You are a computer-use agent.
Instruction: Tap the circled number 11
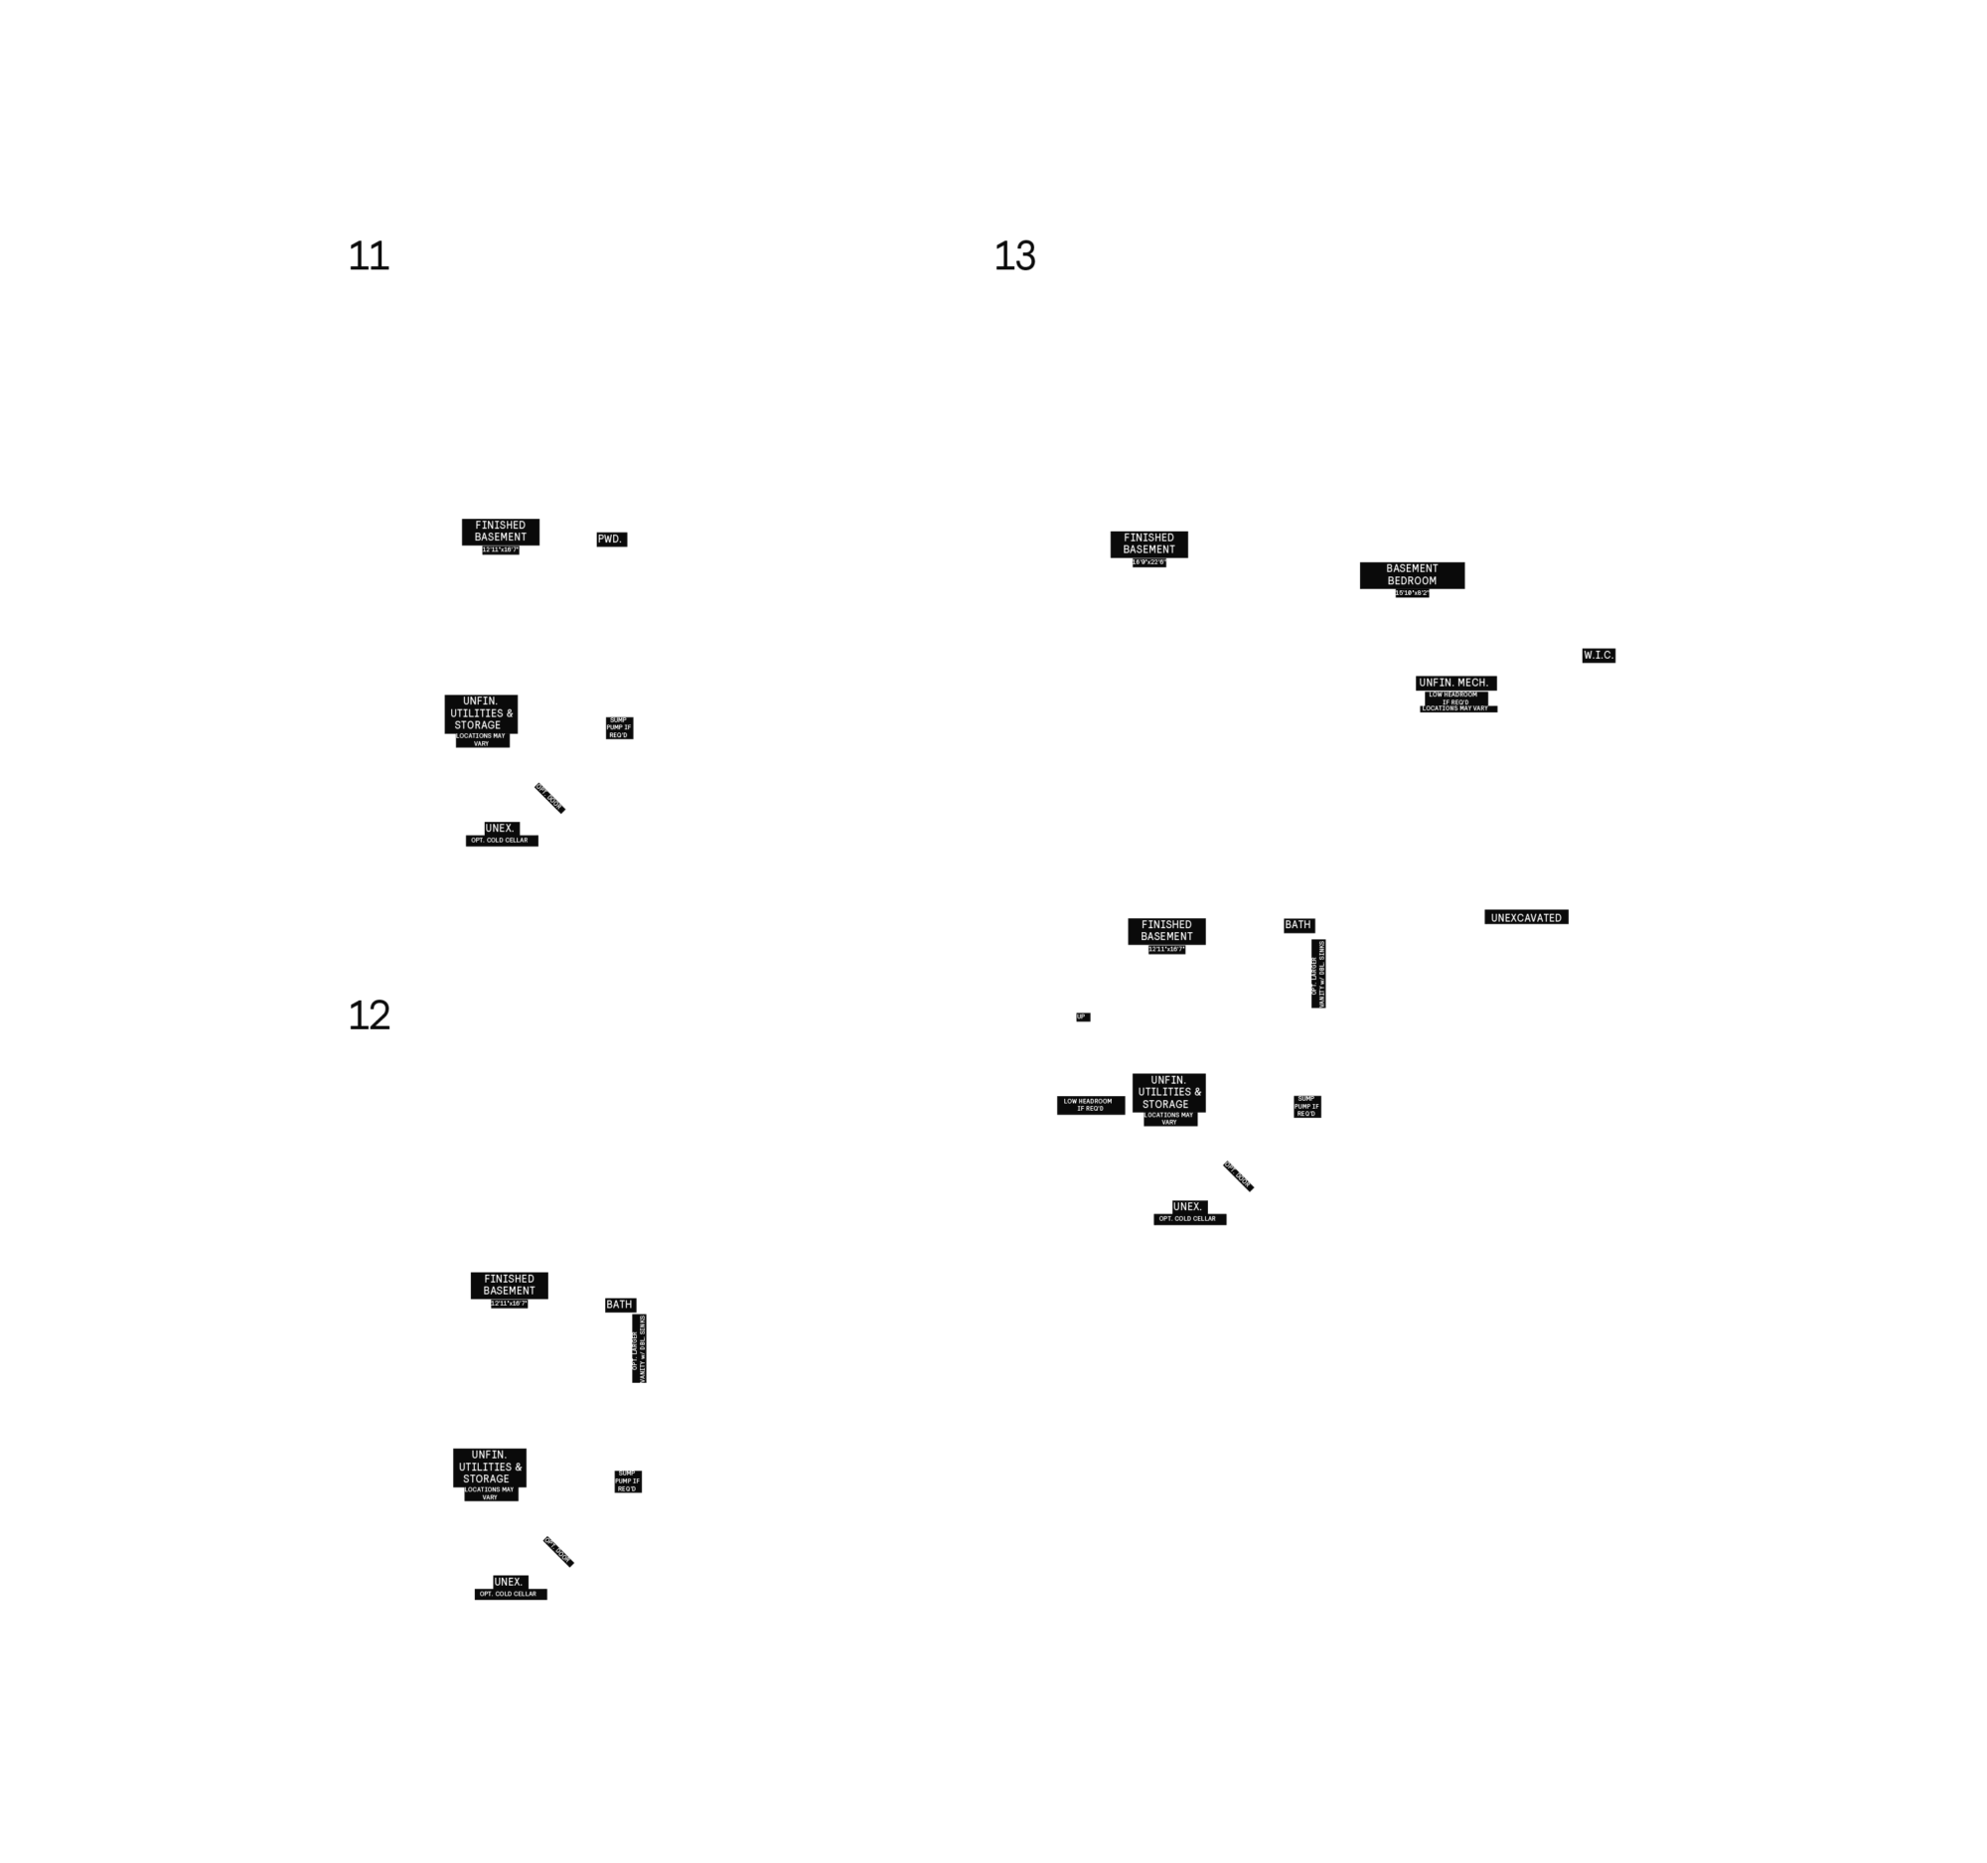pyautogui.click(x=369, y=256)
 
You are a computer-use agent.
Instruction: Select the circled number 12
pyautogui.click(x=369, y=1015)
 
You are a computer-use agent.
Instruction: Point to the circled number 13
pyautogui.click(x=1012, y=255)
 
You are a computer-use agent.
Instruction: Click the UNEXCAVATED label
pyautogui.click(x=1525, y=917)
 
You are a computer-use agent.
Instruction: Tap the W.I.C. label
pyautogui.click(x=1599, y=655)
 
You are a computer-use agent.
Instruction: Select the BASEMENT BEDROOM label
pyautogui.click(x=1412, y=574)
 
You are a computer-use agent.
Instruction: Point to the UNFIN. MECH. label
pyautogui.click(x=1453, y=683)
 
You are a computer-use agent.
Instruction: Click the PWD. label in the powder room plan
pyautogui.click(x=609, y=539)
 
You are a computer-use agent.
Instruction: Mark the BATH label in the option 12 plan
pyautogui.click(x=619, y=1305)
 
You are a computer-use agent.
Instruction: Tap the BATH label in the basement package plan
pyautogui.click(x=1298, y=924)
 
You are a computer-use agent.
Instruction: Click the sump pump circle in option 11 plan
pyautogui.click(x=619, y=726)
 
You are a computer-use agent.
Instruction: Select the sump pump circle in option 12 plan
pyautogui.click(x=627, y=1480)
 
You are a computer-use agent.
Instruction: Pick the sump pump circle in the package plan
pyautogui.click(x=1306, y=1106)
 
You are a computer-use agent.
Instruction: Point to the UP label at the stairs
pyautogui.click(x=1081, y=1016)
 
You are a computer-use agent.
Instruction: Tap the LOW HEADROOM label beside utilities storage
pyautogui.click(x=1088, y=1105)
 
